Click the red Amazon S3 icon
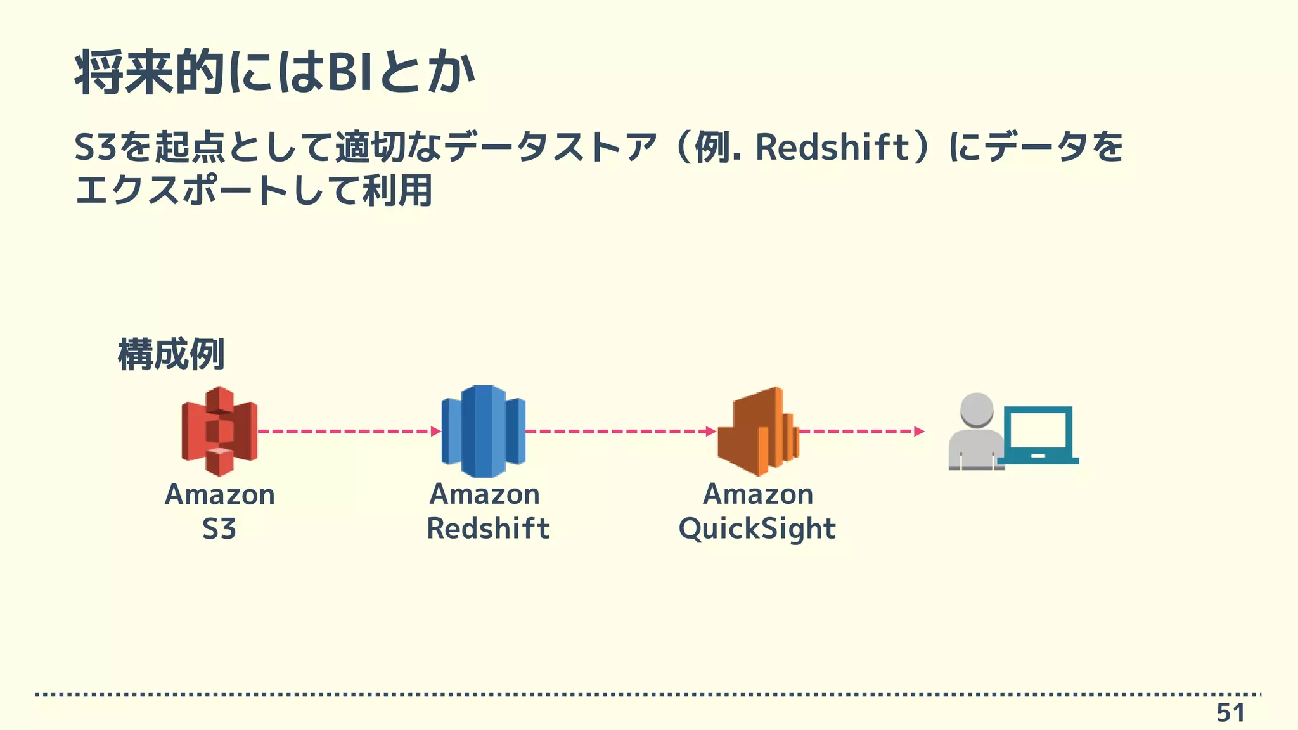tap(219, 431)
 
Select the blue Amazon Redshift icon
tap(484, 431)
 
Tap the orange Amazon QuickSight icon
tap(758, 431)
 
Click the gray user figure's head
tap(976, 409)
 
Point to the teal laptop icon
tap(1038, 436)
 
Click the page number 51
tap(1230, 713)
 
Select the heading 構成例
tap(171, 354)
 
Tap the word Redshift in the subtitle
tap(832, 147)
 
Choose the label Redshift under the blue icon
tap(488, 528)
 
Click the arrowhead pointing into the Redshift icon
tap(436, 432)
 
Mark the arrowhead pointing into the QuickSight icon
tap(711, 432)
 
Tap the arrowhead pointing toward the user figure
tap(919, 432)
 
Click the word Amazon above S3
tap(220, 495)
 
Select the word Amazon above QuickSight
tap(758, 494)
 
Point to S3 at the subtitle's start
tap(96, 147)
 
